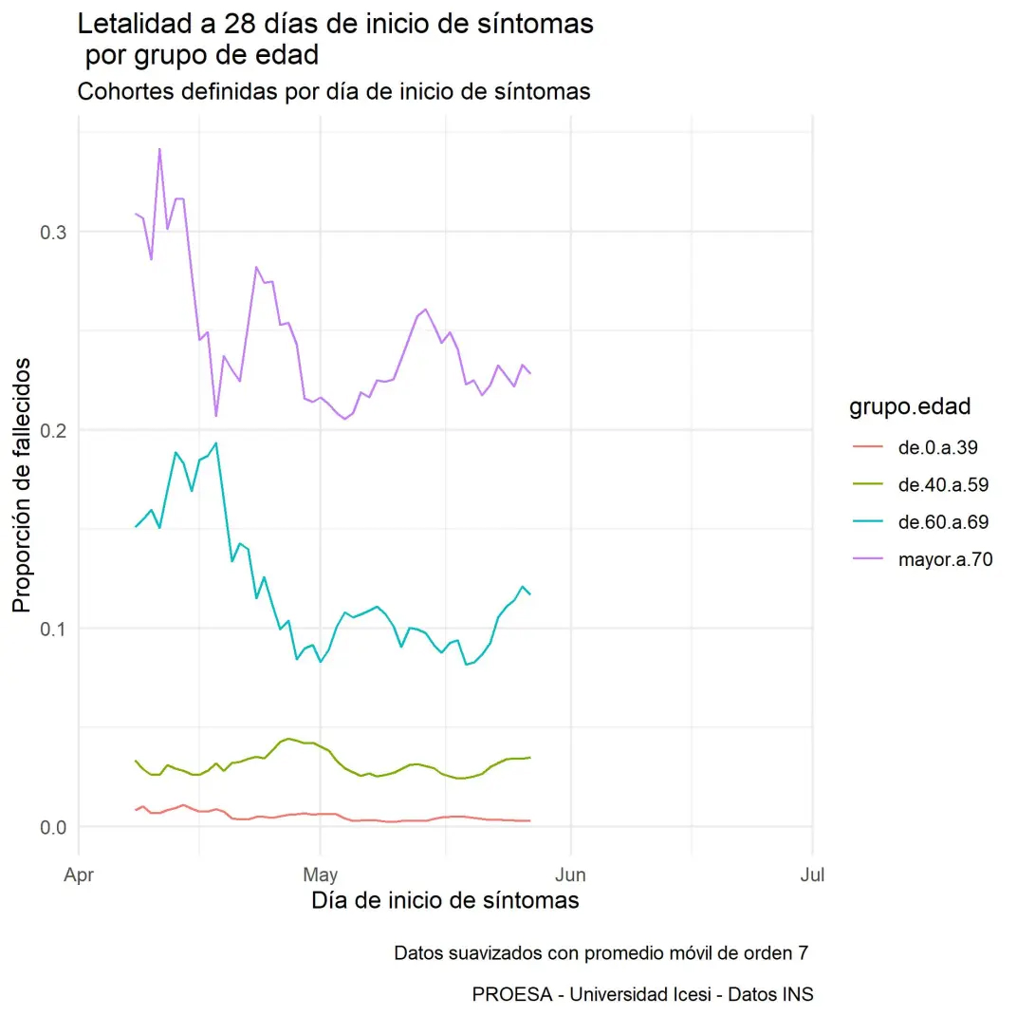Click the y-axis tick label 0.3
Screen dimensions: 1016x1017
click(x=51, y=232)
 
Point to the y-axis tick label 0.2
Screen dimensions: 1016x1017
click(x=51, y=430)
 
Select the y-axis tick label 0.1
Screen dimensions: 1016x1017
click(x=51, y=629)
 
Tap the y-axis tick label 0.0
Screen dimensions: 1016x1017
click(x=51, y=827)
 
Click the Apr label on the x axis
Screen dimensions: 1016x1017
click(x=78, y=875)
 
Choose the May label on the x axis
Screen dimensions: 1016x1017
click(x=321, y=875)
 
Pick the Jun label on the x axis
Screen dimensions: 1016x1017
click(x=570, y=875)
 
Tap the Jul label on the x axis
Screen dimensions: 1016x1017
click(x=812, y=875)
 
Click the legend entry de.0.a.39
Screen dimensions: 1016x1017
click(x=937, y=447)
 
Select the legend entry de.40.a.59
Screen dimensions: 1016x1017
click(x=943, y=484)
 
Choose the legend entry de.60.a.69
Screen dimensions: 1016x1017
click(x=943, y=522)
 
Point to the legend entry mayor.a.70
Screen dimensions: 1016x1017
click(x=945, y=559)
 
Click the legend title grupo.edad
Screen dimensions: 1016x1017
click(x=910, y=407)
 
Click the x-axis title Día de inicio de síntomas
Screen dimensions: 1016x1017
click(x=445, y=900)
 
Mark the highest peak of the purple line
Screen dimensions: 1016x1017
click(x=159, y=149)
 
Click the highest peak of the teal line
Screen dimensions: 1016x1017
click(x=216, y=442)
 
